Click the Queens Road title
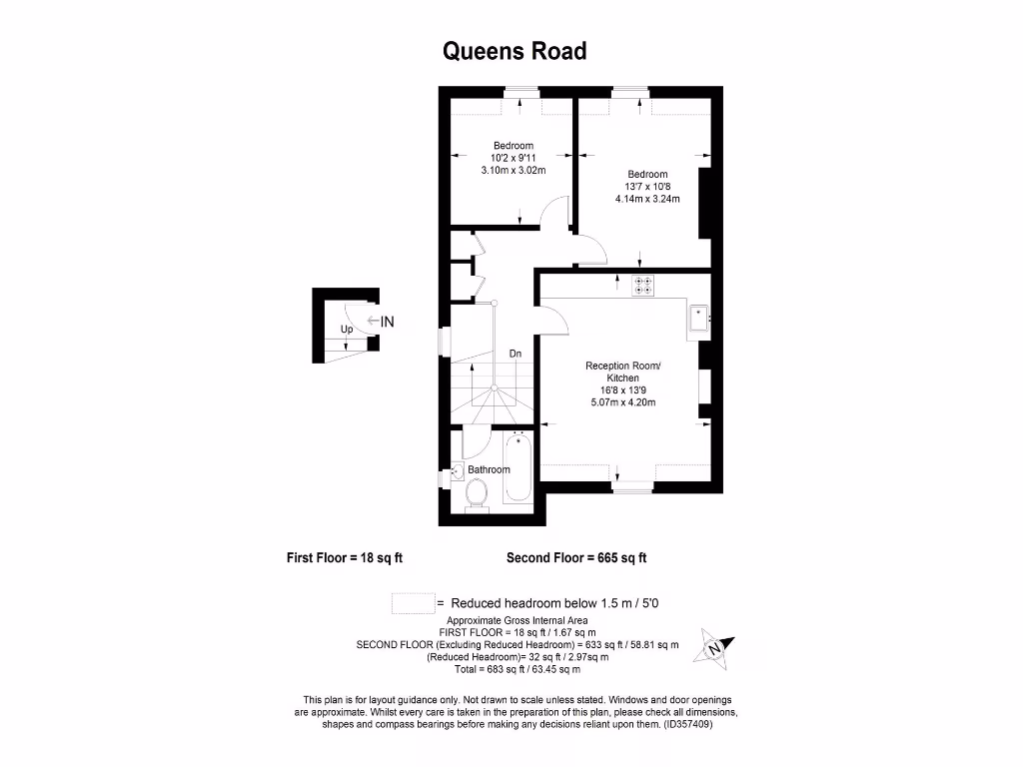pyautogui.click(x=514, y=51)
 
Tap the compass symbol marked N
pyautogui.click(x=715, y=646)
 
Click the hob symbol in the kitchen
pyautogui.click(x=643, y=286)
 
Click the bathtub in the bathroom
pyautogui.click(x=518, y=467)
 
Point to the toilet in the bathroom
pyautogui.click(x=476, y=492)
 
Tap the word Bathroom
pyautogui.click(x=490, y=469)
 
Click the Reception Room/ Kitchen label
pyautogui.click(x=622, y=373)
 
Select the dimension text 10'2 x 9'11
pyautogui.click(x=512, y=158)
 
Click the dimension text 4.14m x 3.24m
pyautogui.click(x=647, y=199)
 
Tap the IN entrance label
pyautogui.click(x=387, y=322)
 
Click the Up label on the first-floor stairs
pyautogui.click(x=347, y=329)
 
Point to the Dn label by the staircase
pyautogui.click(x=515, y=354)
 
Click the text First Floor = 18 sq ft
pyautogui.click(x=345, y=558)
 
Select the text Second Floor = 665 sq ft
pyautogui.click(x=583, y=558)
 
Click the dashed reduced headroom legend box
pyautogui.click(x=412, y=603)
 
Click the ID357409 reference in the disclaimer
pyautogui.click(x=688, y=725)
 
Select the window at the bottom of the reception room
pyautogui.click(x=631, y=487)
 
